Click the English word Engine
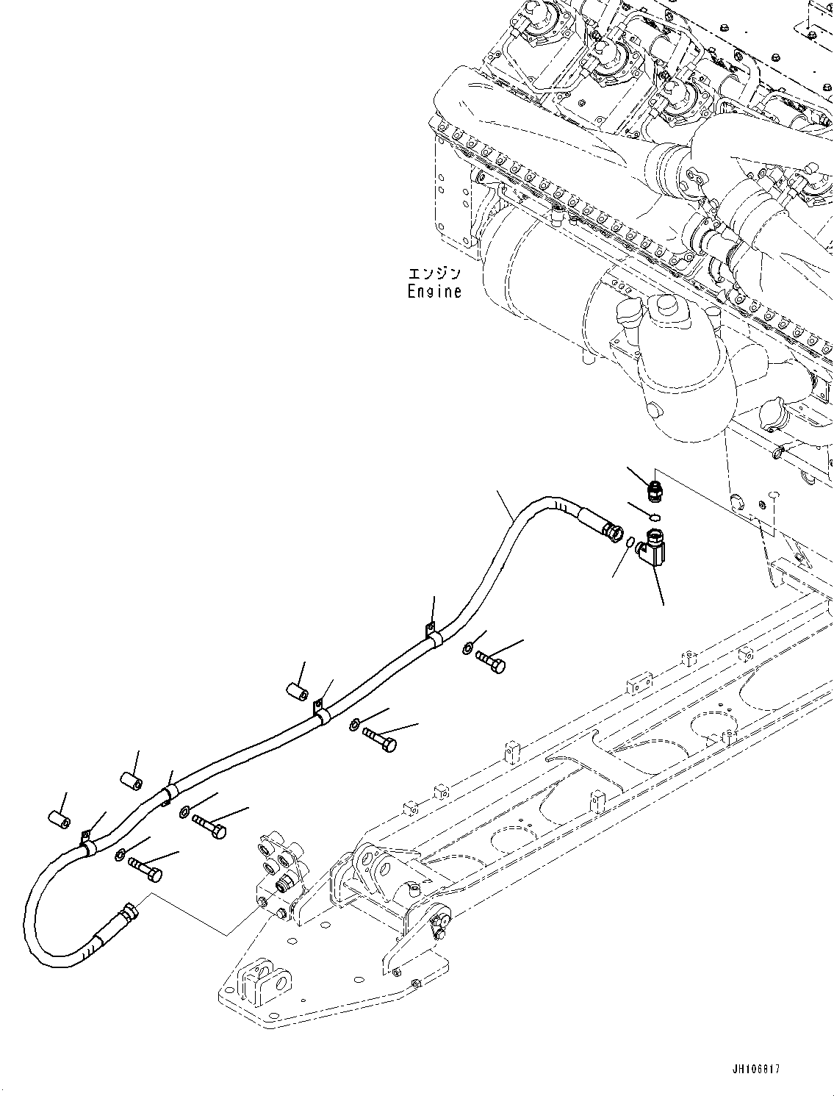(435, 291)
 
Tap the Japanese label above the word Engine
(435, 274)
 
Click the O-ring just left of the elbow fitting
(631, 542)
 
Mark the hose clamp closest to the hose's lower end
(88, 844)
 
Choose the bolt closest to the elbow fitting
(491, 662)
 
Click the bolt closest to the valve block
(145, 869)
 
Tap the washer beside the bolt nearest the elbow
(468, 648)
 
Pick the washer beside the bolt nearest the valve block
(120, 854)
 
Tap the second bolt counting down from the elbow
(379, 739)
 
